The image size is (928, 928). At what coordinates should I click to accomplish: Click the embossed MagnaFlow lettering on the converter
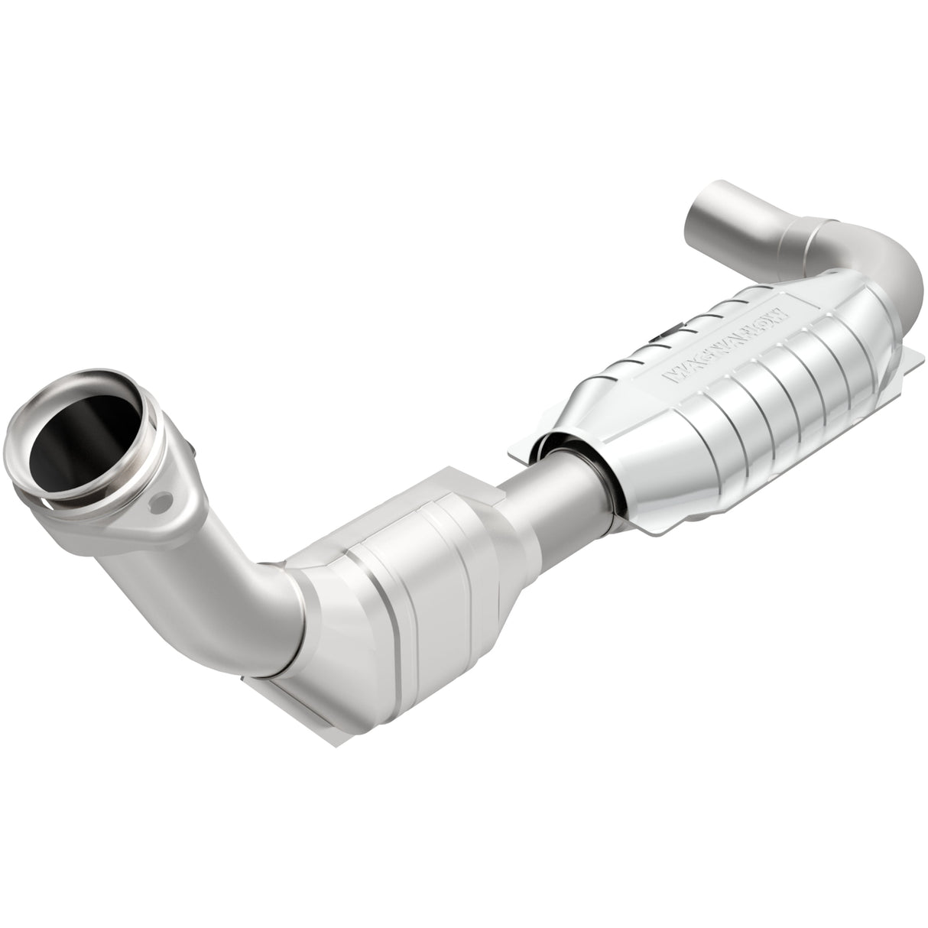pos(722,343)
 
